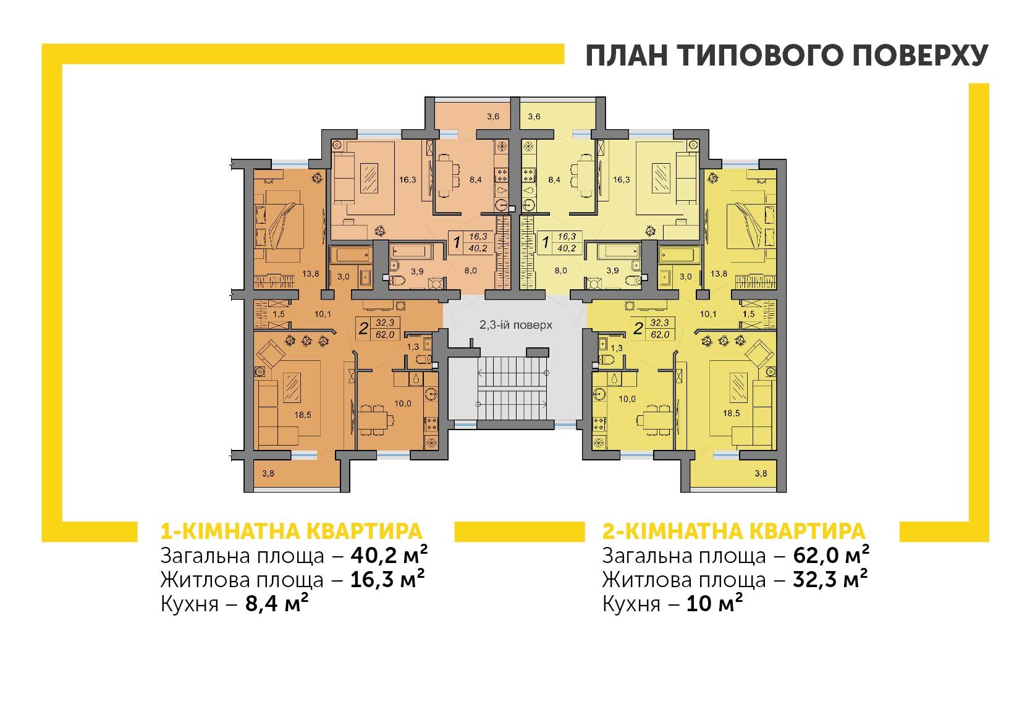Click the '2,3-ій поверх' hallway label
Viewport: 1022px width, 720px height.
tap(515, 325)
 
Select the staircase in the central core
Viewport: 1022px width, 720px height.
tap(512, 388)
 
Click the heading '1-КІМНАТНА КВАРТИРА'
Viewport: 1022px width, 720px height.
tap(292, 532)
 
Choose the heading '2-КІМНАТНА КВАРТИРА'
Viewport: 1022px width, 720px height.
tap(733, 532)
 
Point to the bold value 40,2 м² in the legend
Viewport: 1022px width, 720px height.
tap(389, 555)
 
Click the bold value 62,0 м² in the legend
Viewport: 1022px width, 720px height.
tap(831, 555)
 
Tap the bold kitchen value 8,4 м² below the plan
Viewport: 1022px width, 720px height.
tap(277, 604)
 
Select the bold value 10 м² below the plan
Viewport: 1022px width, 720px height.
tap(714, 604)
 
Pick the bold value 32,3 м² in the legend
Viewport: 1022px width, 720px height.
tap(830, 580)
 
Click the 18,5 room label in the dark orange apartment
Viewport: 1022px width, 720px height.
tap(303, 415)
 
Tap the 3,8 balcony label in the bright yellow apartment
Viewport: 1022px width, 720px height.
tap(761, 473)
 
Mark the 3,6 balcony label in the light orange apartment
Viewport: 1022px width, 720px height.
tap(492, 116)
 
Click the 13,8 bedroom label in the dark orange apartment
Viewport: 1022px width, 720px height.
tap(310, 274)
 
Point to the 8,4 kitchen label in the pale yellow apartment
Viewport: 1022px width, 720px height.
tap(554, 180)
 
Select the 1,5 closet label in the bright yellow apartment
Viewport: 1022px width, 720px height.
tap(748, 314)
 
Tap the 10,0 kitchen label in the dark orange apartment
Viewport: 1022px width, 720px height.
tap(403, 404)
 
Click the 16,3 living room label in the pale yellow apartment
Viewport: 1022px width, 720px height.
tap(622, 180)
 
